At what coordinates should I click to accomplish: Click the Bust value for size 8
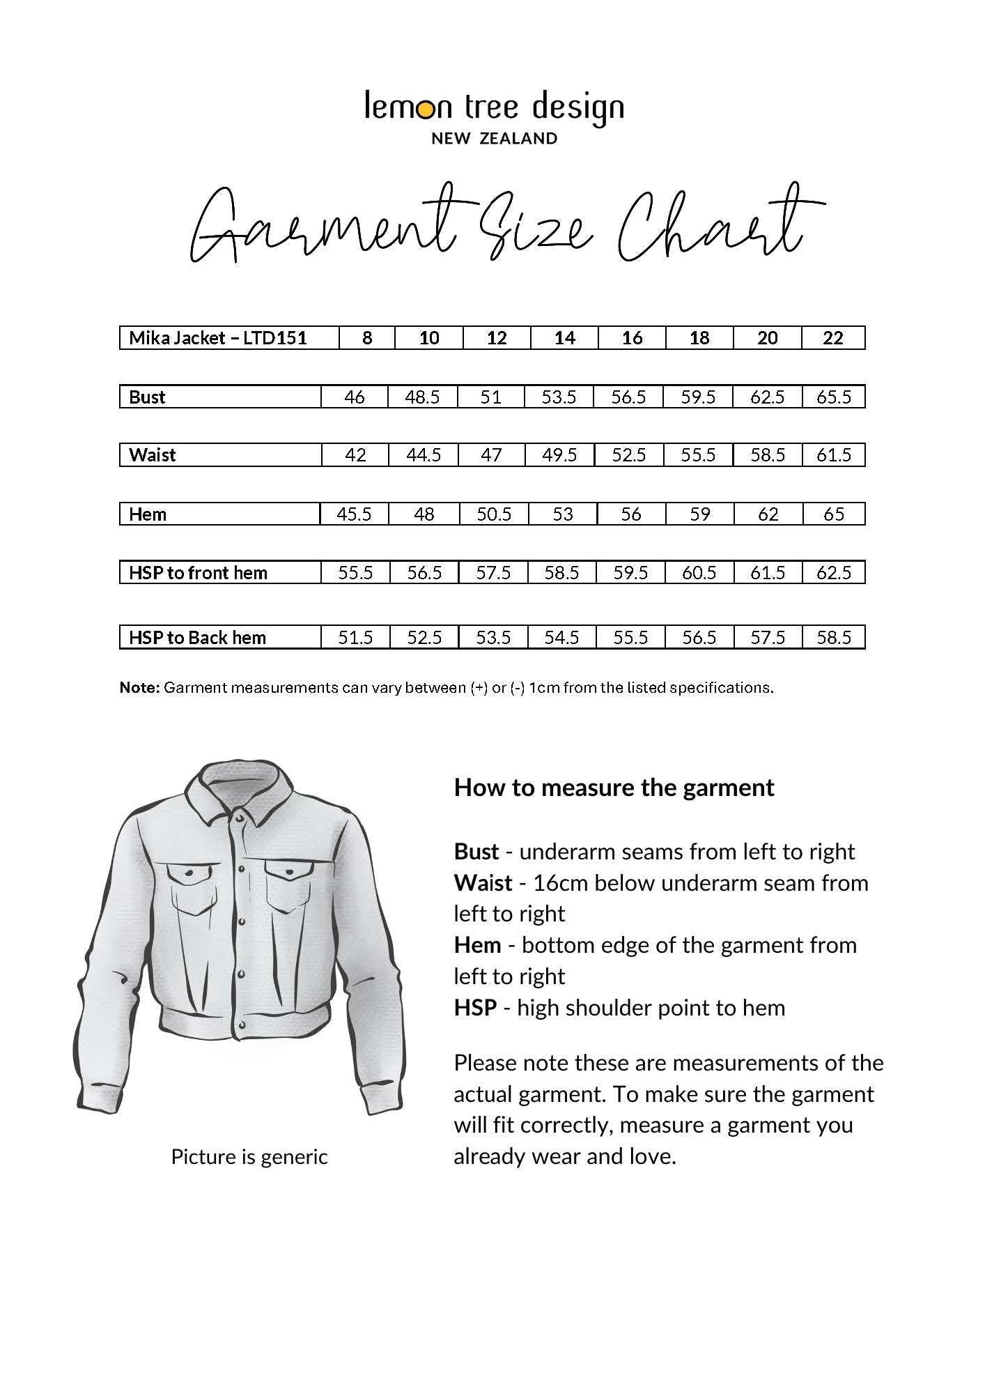pos(354,397)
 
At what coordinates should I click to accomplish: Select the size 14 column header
pos(564,338)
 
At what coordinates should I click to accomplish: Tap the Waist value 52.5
pos(628,455)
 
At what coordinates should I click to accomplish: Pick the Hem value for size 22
pos(833,514)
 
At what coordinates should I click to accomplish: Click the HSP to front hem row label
pos(198,573)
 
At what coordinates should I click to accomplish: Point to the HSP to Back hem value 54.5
pos(561,638)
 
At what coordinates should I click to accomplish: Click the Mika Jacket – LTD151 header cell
pos(218,338)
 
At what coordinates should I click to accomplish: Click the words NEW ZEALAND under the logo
pos(494,139)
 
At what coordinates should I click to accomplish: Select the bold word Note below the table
pos(139,688)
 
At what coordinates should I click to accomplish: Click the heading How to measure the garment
pos(614,788)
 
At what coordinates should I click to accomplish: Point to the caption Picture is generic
pos(249,1157)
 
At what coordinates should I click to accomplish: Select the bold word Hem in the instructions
pos(477,945)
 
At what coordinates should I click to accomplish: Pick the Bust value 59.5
pos(698,397)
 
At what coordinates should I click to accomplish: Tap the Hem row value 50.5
pos(493,514)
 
